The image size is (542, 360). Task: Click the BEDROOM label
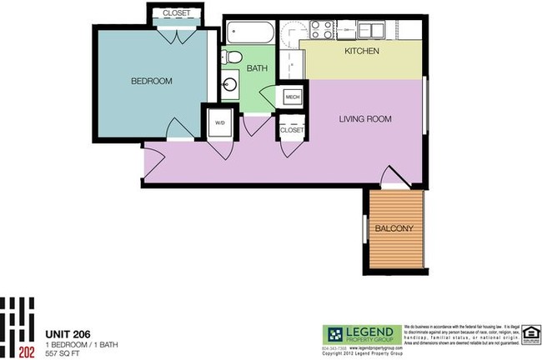(151, 81)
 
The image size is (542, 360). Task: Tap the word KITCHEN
(362, 52)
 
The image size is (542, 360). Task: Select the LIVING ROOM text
(364, 119)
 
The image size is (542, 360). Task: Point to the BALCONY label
(394, 228)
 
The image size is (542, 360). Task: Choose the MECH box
(292, 97)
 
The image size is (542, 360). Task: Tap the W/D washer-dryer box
(220, 122)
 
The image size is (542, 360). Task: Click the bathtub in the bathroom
(248, 34)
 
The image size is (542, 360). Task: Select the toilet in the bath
(233, 57)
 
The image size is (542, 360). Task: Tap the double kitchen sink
(366, 30)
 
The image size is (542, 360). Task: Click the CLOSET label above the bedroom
(175, 13)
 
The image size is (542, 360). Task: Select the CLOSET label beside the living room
(292, 130)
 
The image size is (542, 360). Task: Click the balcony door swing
(390, 176)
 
